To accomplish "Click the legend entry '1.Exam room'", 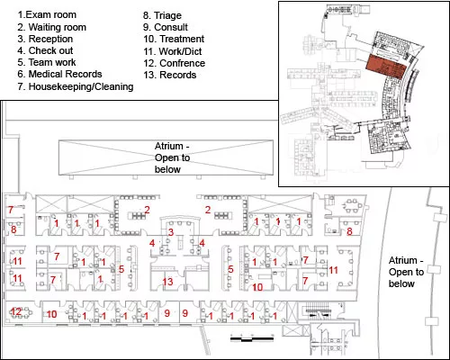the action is [x=47, y=14].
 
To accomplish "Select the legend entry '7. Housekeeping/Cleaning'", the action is [x=76, y=86].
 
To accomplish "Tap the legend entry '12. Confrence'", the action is [x=175, y=63].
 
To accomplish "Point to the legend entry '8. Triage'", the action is [x=162, y=15].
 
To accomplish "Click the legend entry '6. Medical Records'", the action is [x=59, y=74].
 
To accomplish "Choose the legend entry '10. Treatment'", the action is [x=174, y=39].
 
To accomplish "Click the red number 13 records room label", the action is [x=168, y=282].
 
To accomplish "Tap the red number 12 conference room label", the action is [x=16, y=311].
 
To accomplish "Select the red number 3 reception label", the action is [x=171, y=232].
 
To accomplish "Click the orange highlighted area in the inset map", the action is [x=387, y=67].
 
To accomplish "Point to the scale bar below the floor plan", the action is [x=252, y=338].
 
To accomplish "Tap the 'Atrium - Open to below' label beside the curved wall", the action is [x=406, y=272].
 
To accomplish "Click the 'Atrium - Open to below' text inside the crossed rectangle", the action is [x=172, y=157].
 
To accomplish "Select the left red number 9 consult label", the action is [x=167, y=313].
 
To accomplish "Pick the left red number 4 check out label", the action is [x=152, y=243].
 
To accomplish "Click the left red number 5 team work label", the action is [x=121, y=269].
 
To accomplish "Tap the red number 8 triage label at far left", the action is [x=13, y=229].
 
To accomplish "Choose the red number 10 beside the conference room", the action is [x=51, y=314].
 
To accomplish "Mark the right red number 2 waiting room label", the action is [x=208, y=210].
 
